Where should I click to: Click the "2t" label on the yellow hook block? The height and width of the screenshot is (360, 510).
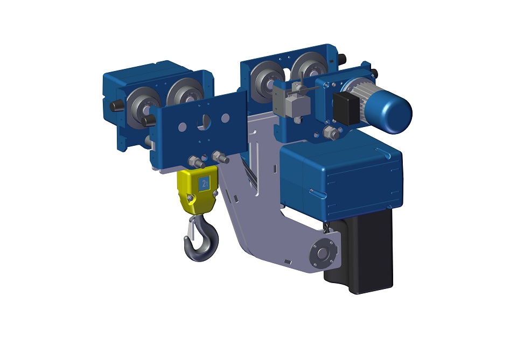pos(204,183)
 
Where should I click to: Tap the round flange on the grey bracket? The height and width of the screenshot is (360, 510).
pos(322,253)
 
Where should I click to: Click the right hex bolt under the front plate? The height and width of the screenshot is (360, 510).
pos(220,158)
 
